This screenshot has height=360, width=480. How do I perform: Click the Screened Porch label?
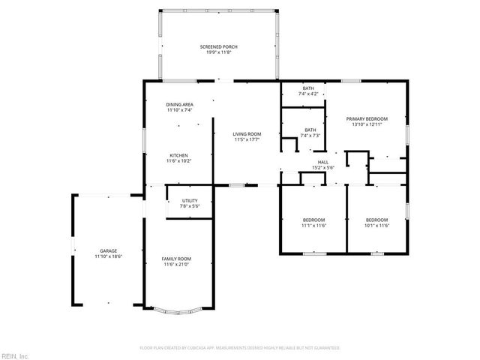[219, 46]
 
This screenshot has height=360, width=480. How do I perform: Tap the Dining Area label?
[180, 105]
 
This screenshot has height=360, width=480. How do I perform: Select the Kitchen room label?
[180, 155]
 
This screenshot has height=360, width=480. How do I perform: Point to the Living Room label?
[246, 133]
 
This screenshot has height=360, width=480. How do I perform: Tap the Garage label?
[108, 250]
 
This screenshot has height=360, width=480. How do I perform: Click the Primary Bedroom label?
[367, 118]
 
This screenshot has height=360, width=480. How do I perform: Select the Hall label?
[322, 162]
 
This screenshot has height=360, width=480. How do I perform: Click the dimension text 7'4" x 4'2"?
[308, 94]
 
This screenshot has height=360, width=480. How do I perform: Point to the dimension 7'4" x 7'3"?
[310, 136]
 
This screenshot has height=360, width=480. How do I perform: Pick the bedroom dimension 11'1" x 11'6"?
[314, 225]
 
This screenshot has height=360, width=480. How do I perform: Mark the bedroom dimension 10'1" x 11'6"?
[377, 225]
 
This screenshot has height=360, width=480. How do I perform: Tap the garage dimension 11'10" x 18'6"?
[108, 256]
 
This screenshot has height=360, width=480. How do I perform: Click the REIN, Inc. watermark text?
[15, 355]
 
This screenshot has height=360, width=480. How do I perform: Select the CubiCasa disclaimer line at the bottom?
[240, 348]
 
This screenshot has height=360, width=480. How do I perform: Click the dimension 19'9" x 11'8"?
[219, 52]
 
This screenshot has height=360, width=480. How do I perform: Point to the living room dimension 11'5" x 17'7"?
[246, 139]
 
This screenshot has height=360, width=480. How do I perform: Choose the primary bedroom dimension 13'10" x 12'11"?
[367, 124]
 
